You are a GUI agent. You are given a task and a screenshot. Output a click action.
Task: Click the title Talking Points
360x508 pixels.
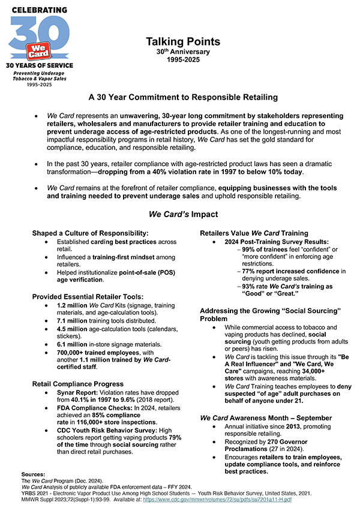point(183,42)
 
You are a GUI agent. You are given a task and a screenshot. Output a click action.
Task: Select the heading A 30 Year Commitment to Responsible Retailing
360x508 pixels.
point(183,97)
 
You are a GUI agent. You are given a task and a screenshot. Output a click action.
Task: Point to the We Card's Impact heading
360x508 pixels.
point(182,214)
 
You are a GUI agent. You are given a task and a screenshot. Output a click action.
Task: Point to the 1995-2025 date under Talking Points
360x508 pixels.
point(183,60)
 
